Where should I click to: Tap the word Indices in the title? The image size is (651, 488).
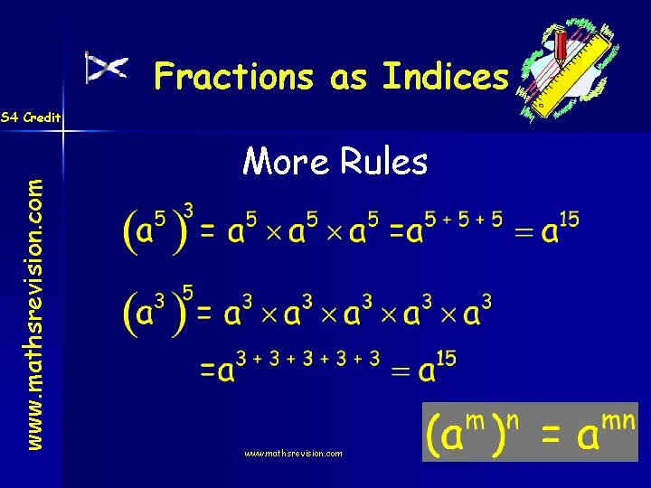pyautogui.click(x=446, y=77)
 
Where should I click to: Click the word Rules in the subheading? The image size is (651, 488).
pyautogui.click(x=384, y=162)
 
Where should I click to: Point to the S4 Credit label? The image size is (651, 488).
pyautogui.click(x=31, y=117)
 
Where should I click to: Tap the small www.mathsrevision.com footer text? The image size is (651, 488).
pyautogui.click(x=293, y=453)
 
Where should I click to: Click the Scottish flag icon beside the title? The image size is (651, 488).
pyautogui.click(x=107, y=67)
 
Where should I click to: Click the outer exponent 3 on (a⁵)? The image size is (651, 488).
pyautogui.click(x=188, y=210)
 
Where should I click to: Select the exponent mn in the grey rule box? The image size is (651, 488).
pyautogui.click(x=620, y=420)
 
